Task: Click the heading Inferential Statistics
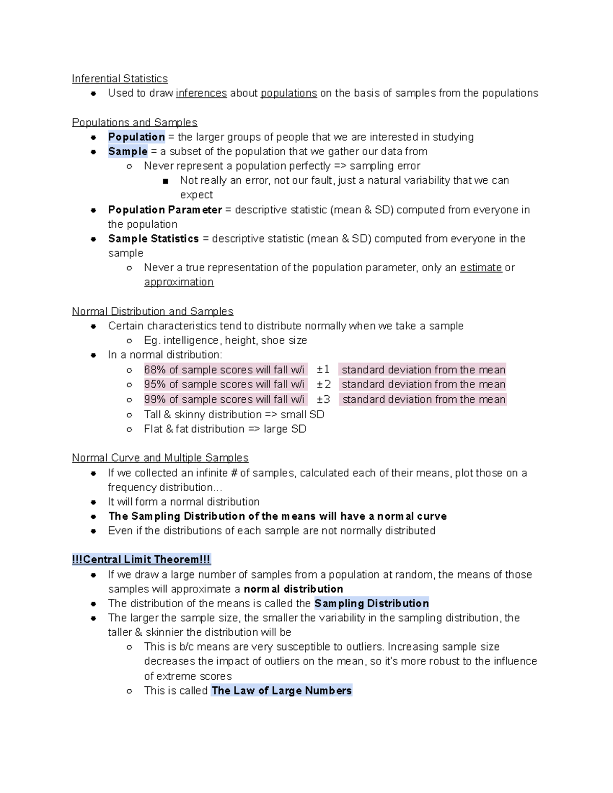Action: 120,79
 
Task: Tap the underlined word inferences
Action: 201,93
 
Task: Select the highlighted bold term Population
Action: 136,137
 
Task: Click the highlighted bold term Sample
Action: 128,151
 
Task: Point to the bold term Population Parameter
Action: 165,210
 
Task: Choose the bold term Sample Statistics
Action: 153,238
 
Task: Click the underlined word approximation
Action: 179,282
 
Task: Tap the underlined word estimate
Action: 481,268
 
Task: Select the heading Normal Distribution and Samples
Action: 152,311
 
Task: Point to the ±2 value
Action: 324,384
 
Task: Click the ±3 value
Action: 324,399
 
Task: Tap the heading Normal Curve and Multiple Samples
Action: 160,458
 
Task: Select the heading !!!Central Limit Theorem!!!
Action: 142,560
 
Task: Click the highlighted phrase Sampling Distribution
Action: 371,604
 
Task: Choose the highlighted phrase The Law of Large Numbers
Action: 281,691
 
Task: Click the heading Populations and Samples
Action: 134,123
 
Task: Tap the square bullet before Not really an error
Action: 165,181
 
